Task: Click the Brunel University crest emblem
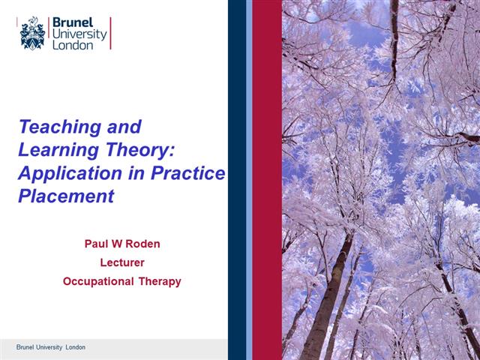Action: [x=32, y=34]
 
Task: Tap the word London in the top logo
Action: [x=72, y=45]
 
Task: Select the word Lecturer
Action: [x=121, y=262]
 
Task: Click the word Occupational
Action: [x=97, y=282]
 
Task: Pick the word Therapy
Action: [x=160, y=282]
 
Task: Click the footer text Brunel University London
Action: [x=51, y=347]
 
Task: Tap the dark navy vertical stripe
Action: [x=236, y=180]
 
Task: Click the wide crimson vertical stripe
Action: [x=267, y=180]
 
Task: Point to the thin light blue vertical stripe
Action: [x=249, y=180]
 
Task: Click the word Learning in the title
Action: [x=52, y=149]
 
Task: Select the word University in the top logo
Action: [x=78, y=34]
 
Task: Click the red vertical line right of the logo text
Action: [x=111, y=33]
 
